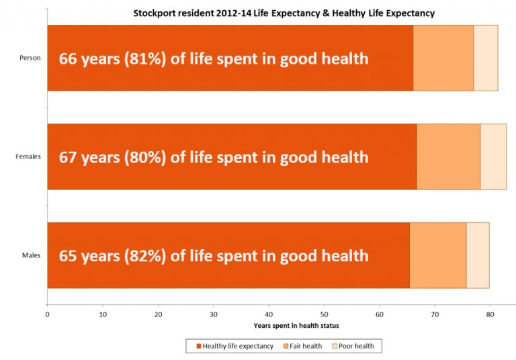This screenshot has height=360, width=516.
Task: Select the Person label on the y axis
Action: tap(30, 58)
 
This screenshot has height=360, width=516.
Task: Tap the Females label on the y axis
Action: tap(28, 156)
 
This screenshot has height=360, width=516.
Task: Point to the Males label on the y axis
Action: tap(32, 255)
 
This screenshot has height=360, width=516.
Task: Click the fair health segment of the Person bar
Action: tap(443, 58)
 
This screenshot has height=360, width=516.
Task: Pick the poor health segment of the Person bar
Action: tap(485, 58)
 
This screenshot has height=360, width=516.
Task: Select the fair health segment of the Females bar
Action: tap(448, 156)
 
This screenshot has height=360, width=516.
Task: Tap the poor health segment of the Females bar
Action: tap(493, 156)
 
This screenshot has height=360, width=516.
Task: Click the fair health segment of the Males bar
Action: tap(437, 255)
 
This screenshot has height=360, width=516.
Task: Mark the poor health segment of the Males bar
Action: tap(477, 255)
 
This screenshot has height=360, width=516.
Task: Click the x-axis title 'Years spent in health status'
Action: tap(296, 325)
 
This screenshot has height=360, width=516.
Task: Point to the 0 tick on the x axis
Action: tap(47, 314)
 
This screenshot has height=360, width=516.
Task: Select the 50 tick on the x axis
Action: tap(324, 314)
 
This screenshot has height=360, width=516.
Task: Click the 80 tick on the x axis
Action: tap(490, 314)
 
